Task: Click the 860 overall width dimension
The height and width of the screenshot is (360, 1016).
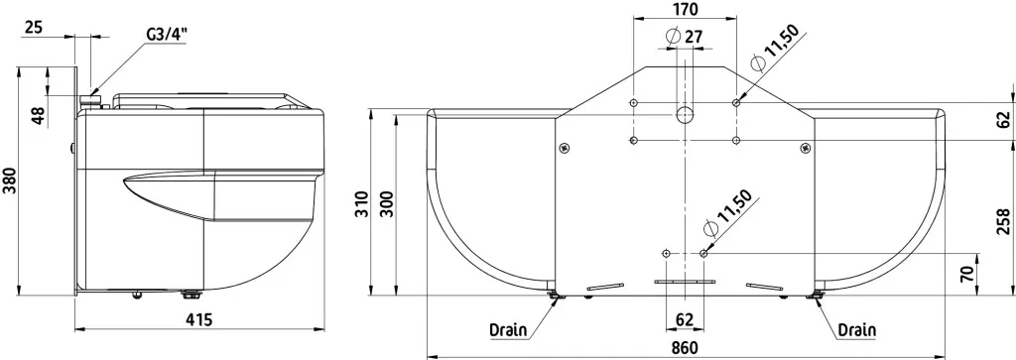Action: pos(685,348)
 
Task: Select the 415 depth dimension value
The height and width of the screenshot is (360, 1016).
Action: pos(198,320)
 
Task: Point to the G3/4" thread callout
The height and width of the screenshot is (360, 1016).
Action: pos(167,35)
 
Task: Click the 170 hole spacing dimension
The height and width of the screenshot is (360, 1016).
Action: pos(685,10)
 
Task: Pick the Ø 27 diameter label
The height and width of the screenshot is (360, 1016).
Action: pos(685,36)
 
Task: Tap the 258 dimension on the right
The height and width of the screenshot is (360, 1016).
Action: pos(1004,221)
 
